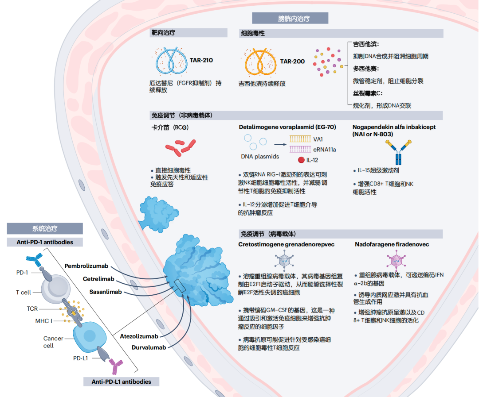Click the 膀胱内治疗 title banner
point(290,18)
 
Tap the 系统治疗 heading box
point(45,228)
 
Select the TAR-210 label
point(201,60)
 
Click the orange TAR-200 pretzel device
point(260,62)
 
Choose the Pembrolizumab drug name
point(86,266)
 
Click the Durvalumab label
point(149,347)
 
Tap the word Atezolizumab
point(139,336)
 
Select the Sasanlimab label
point(106,292)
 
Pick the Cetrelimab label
point(98,279)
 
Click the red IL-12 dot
point(301,160)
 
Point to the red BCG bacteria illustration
point(180,147)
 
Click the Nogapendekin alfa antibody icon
point(398,152)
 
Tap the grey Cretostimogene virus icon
point(284,261)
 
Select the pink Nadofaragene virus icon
point(396,260)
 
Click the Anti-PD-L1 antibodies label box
point(121,382)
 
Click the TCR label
point(32,308)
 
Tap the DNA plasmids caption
point(260,156)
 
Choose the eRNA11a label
point(324,150)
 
